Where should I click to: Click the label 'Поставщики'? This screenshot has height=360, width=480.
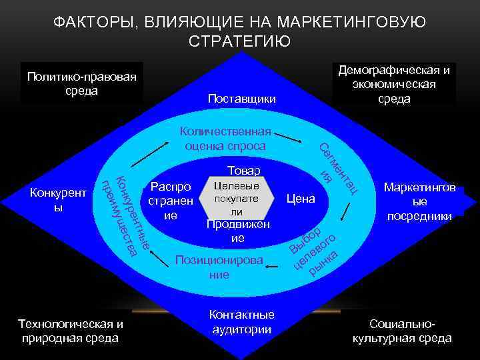[x=241, y=99]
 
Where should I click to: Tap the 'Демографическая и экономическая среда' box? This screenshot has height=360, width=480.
[x=393, y=85]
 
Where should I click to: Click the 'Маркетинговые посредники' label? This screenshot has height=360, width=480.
[x=420, y=202]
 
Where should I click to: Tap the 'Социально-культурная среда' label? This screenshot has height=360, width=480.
[x=401, y=331]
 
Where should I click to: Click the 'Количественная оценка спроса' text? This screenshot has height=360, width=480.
[x=226, y=139]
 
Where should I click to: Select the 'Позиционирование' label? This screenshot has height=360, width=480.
[x=219, y=266]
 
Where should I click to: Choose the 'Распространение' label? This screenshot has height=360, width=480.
[x=171, y=201]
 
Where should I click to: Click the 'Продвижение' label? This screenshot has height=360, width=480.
[x=238, y=231]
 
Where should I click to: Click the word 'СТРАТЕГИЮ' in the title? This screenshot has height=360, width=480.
[x=239, y=41]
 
